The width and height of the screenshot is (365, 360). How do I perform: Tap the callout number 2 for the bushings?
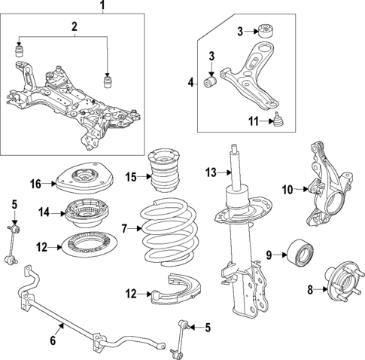coord(75,27)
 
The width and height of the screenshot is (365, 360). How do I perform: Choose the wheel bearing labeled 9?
coord(298,254)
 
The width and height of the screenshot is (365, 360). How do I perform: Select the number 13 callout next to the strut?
coord(211,172)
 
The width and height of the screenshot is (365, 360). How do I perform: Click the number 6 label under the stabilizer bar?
coord(53,340)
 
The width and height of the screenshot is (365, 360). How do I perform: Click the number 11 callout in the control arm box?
coord(253,120)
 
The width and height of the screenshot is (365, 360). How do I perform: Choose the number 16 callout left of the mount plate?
coord(36,183)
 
